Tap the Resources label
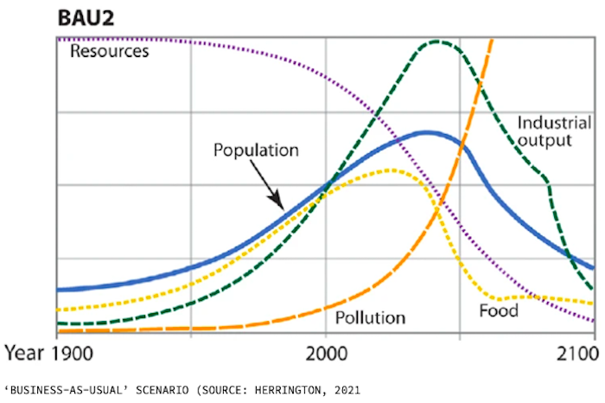[109, 51]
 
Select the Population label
[256, 150]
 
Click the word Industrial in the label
[554, 122]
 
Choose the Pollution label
[370, 317]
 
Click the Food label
[499, 310]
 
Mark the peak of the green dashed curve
[438, 42]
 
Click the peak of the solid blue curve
[427, 132]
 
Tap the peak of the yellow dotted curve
[391, 170]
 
